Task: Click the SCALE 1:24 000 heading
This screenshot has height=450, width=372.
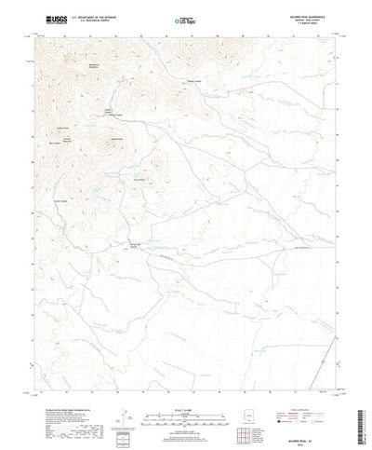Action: pyautogui.click(x=185, y=407)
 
